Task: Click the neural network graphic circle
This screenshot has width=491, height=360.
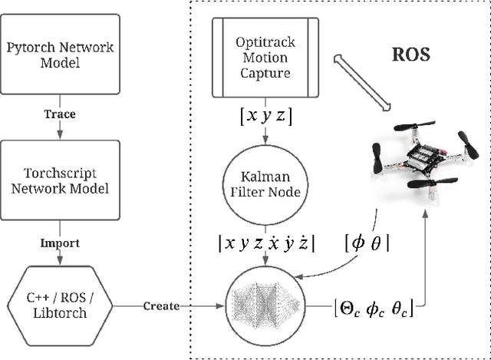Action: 264,306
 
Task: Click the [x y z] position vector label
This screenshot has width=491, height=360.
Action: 264,117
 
